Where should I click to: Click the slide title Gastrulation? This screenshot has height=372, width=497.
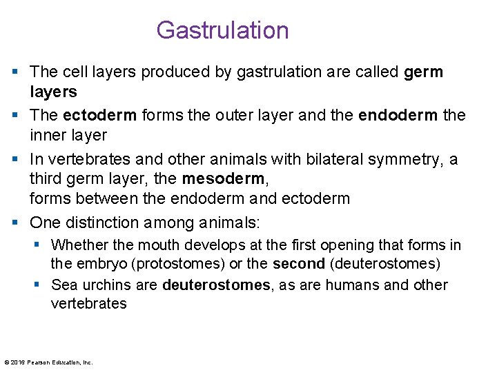click(222, 30)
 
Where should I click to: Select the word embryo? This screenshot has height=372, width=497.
click(99, 263)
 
